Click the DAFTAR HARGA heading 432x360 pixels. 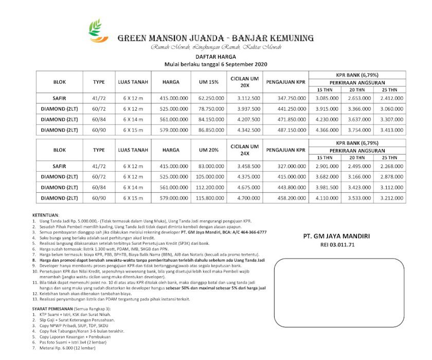[215, 57]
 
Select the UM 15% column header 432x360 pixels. [208, 82]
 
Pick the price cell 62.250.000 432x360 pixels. [208, 98]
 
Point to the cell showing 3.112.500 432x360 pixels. [248, 98]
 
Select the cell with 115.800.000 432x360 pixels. [208, 197]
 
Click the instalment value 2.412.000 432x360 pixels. [391, 98]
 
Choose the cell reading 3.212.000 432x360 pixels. [391, 197]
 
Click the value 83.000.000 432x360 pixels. [208, 167]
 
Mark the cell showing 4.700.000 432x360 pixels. [248, 197]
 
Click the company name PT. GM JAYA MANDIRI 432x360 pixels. [337, 236]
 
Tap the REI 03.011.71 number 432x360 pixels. [337, 245]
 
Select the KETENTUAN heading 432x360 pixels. [46, 214]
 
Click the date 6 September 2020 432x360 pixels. [244, 64]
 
